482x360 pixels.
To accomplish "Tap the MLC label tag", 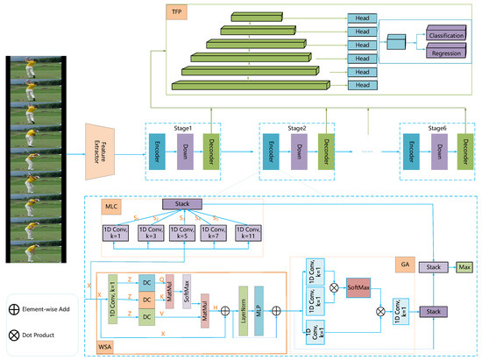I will pos(112,208).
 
